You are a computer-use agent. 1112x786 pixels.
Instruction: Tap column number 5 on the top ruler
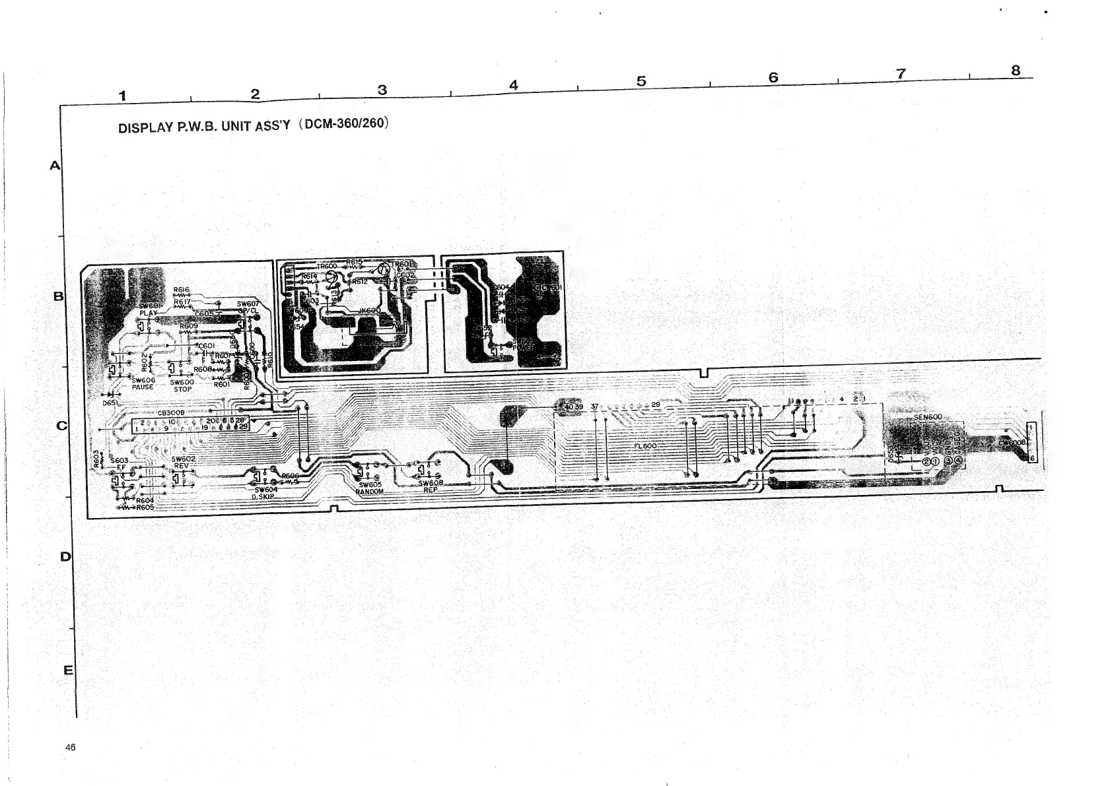click(x=641, y=81)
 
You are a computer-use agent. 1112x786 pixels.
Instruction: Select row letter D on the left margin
click(x=65, y=556)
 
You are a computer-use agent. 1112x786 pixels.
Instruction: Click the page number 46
click(x=71, y=747)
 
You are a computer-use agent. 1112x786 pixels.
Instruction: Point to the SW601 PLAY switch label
click(x=150, y=309)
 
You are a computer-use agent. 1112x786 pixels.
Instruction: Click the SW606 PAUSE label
click(x=143, y=383)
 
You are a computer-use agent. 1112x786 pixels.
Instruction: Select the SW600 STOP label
click(x=182, y=385)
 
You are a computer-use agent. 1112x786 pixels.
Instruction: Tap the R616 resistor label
click(x=182, y=290)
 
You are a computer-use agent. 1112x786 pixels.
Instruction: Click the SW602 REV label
click(x=183, y=461)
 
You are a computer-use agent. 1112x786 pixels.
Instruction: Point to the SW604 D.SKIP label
click(x=265, y=493)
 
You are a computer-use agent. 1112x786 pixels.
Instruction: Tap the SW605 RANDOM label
click(x=370, y=488)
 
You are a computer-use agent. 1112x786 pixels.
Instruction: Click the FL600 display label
click(x=644, y=446)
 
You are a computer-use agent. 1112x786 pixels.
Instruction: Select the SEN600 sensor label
click(x=928, y=417)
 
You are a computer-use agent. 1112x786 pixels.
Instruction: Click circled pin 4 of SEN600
click(x=958, y=461)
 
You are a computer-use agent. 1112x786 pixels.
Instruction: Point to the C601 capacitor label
click(x=207, y=346)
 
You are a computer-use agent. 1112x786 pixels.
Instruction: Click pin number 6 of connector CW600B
click(x=1032, y=459)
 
